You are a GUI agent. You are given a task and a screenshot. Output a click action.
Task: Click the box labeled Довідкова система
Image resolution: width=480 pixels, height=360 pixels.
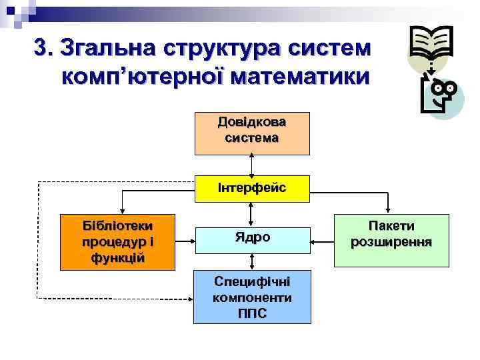[252, 133]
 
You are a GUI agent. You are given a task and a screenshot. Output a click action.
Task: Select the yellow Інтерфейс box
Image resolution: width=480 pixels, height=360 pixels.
[252, 189]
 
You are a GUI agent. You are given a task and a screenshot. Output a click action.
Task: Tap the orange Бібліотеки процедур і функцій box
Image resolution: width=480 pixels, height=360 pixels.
[118, 242]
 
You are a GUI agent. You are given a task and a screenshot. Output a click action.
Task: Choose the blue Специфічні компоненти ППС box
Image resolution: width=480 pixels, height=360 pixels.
[252, 297]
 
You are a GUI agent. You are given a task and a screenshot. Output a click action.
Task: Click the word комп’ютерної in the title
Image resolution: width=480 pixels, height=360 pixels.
[145, 77]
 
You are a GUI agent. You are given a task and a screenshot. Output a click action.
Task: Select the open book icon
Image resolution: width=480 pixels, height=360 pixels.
[431, 45]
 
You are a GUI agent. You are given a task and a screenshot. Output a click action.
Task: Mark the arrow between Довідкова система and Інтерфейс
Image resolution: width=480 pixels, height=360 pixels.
[252, 165]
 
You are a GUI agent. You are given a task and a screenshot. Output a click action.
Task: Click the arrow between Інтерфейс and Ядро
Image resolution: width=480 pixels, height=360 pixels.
[252, 214]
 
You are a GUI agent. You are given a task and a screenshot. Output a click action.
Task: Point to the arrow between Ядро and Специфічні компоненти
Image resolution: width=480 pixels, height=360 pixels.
[252, 262]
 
